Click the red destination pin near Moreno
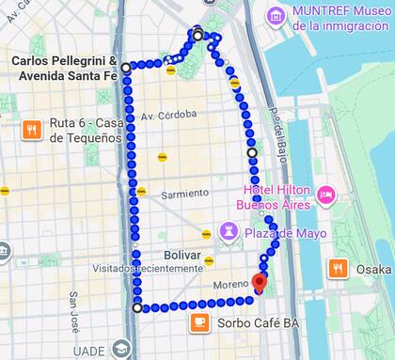(261, 281)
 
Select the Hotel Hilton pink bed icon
(325, 195)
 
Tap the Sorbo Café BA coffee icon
(198, 322)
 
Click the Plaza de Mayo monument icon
(229, 231)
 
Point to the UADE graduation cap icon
(120, 349)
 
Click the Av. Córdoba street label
(168, 115)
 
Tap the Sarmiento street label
(184, 194)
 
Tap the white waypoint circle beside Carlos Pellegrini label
(126, 68)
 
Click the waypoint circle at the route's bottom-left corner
(138, 307)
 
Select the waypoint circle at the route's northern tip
(197, 36)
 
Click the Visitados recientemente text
(136, 268)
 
